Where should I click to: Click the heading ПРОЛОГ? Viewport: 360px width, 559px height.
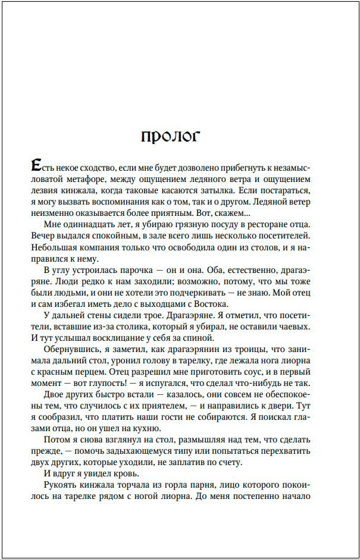(171, 136)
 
